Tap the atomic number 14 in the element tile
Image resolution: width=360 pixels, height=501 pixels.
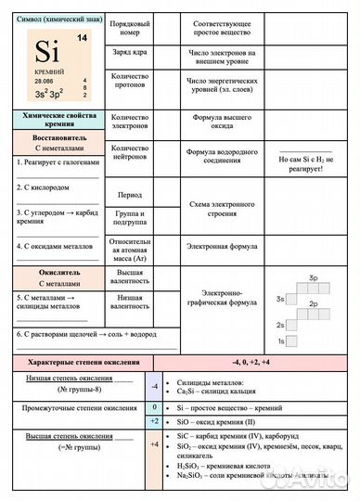click(82, 38)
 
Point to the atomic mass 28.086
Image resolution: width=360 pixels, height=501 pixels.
click(45, 82)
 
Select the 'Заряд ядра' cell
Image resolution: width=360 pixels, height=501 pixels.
click(129, 52)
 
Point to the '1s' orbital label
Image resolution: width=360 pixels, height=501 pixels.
click(279, 340)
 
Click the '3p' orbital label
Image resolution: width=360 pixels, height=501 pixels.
click(315, 278)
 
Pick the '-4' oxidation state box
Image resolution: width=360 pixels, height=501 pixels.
click(155, 385)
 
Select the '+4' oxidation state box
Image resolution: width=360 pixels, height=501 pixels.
click(155, 444)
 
